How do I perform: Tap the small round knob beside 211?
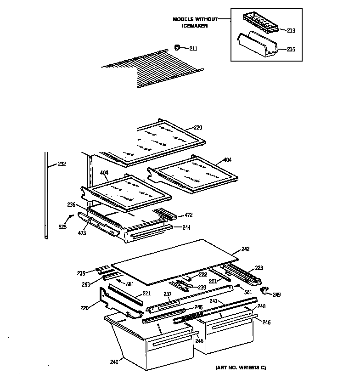pyautogui.click(x=178, y=47)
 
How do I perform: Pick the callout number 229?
pyautogui.click(x=198, y=128)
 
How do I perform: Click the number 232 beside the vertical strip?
pyautogui.click(x=62, y=164)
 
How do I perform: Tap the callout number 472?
pyautogui.click(x=188, y=215)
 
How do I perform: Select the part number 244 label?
pyautogui.click(x=186, y=227)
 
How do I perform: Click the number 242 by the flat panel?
pyautogui.click(x=245, y=249)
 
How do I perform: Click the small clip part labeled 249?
pyautogui.click(x=264, y=290)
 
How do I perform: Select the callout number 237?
pyautogui.click(x=168, y=294)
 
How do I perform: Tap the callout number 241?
pyautogui.click(x=214, y=302)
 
